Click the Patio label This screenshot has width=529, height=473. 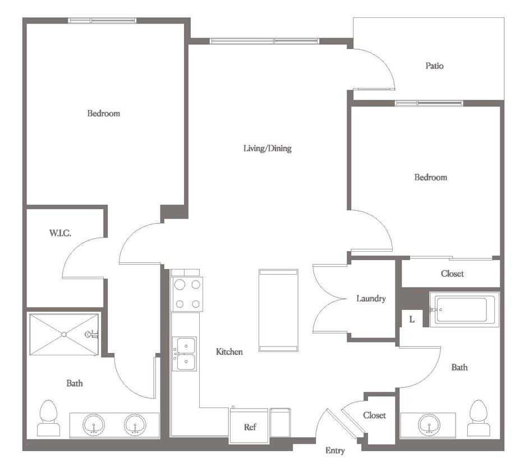(x=434, y=66)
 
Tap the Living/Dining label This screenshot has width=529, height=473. (x=267, y=149)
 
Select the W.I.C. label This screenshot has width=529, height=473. (x=59, y=233)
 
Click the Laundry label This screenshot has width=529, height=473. (x=371, y=299)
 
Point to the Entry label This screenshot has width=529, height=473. (x=335, y=451)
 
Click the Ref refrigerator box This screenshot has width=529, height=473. (x=250, y=426)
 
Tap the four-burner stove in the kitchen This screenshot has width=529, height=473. (x=187, y=294)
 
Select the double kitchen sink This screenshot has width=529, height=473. (x=185, y=354)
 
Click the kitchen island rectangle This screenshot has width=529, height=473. (x=278, y=310)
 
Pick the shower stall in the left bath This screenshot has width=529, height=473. (x=64, y=335)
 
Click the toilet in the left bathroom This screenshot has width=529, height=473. (x=48, y=419)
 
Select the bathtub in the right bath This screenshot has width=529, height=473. (x=463, y=310)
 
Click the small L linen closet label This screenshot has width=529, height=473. (x=411, y=319)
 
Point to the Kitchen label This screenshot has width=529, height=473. (x=229, y=352)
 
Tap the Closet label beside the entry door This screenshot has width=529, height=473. (x=374, y=415)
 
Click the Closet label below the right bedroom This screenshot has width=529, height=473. (x=452, y=274)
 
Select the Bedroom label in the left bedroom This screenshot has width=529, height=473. (x=103, y=113)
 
